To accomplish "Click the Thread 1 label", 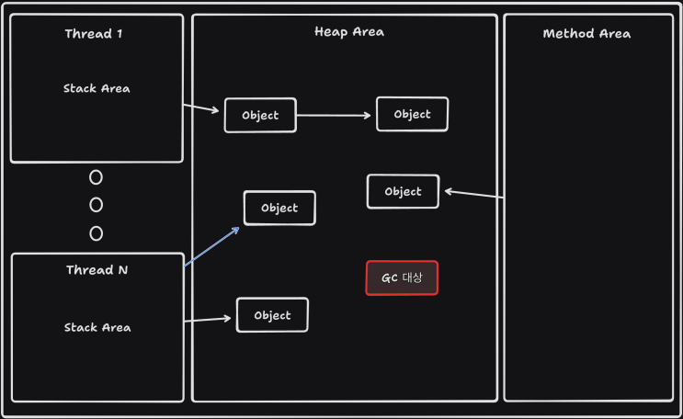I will click(x=94, y=34).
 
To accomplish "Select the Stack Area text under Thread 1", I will click(x=97, y=89).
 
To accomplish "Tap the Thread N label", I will click(x=97, y=270).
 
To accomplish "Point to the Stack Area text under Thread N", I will click(x=97, y=327).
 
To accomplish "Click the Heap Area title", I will click(x=348, y=32).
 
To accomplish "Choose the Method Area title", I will click(x=586, y=34).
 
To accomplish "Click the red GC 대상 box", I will click(x=402, y=277).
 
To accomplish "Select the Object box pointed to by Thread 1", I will click(x=260, y=116).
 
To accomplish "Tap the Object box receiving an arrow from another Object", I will click(x=412, y=115).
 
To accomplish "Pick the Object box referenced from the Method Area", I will click(x=403, y=192).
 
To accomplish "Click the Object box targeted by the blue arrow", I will click(x=279, y=208).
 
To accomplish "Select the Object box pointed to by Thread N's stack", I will click(x=272, y=315).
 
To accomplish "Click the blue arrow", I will click(x=212, y=246).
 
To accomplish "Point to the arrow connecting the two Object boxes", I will click(x=336, y=116).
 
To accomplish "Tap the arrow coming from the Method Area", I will click(x=473, y=194).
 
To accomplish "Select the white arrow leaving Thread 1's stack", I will click(x=203, y=109).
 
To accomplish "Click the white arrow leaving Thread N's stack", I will click(x=208, y=320).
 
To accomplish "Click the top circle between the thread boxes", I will click(x=96, y=177).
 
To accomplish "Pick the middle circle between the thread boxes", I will click(x=96, y=205).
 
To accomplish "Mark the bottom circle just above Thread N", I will click(x=96, y=233).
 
